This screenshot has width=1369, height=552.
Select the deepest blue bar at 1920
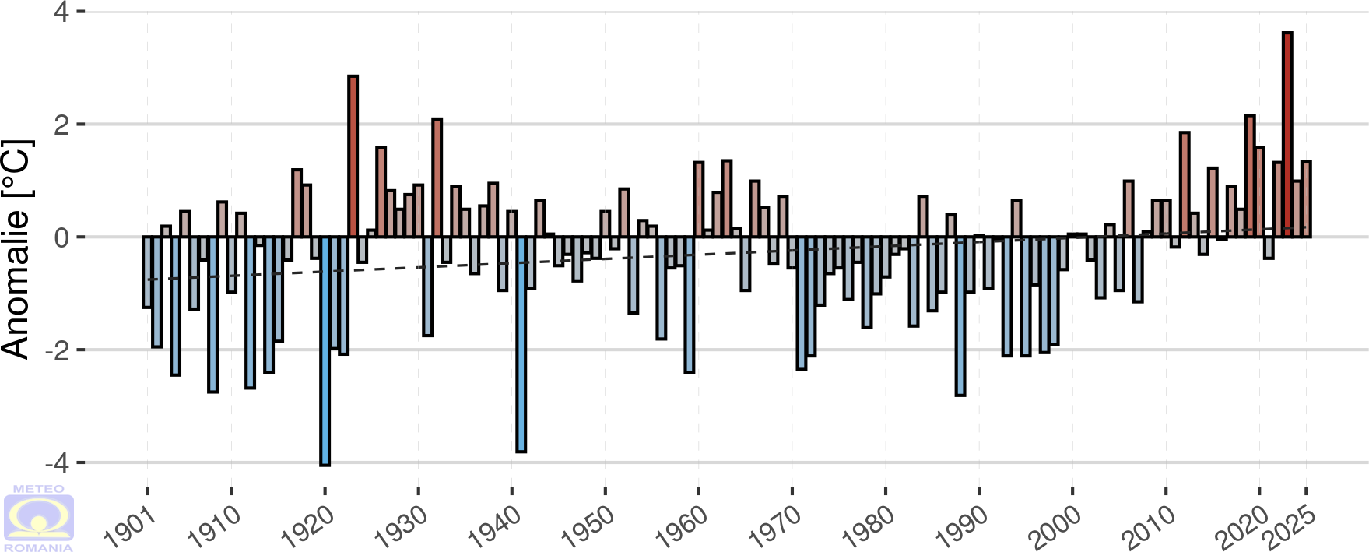click(325, 350)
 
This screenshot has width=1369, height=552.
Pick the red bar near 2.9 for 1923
click(353, 156)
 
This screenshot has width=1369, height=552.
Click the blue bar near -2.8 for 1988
click(960, 316)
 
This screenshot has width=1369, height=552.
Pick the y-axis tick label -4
click(57, 463)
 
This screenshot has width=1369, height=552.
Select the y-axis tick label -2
click(57, 350)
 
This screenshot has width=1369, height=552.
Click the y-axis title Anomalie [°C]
click(16, 249)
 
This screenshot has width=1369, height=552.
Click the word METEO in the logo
click(38, 489)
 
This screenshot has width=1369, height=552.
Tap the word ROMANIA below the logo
click(38, 547)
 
